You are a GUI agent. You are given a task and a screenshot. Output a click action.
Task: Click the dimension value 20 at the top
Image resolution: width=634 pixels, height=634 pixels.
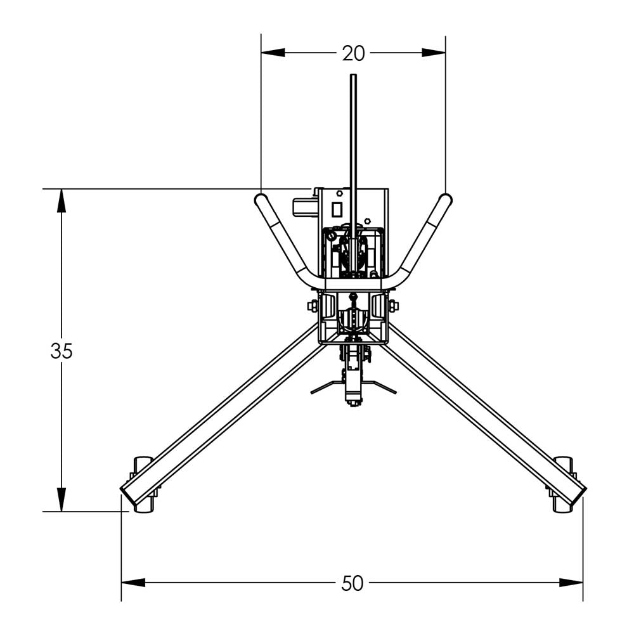point(353,54)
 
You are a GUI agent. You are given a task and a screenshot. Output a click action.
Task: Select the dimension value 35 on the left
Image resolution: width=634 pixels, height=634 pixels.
point(61,351)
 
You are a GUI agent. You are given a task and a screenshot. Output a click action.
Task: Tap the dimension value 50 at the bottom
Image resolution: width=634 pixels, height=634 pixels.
point(353,583)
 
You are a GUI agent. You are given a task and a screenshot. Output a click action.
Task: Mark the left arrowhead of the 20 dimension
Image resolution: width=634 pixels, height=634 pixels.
point(273,53)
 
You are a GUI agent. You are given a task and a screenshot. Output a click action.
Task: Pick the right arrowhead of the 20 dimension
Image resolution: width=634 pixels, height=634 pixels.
point(434,53)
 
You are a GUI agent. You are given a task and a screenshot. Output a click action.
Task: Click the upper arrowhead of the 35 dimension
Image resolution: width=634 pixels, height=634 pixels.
point(61,201)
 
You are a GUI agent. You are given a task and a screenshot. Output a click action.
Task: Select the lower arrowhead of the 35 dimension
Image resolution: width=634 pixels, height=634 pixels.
point(61,499)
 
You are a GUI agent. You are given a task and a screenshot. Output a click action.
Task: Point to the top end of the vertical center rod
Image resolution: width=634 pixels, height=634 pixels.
point(353,77)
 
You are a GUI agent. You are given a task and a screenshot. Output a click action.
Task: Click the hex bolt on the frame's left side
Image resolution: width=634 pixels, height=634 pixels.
point(313,306)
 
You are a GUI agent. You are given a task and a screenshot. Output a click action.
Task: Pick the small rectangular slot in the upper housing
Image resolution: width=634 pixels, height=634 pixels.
point(337,209)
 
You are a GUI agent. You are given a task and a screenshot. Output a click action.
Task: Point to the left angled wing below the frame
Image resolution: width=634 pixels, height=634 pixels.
point(325,387)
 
